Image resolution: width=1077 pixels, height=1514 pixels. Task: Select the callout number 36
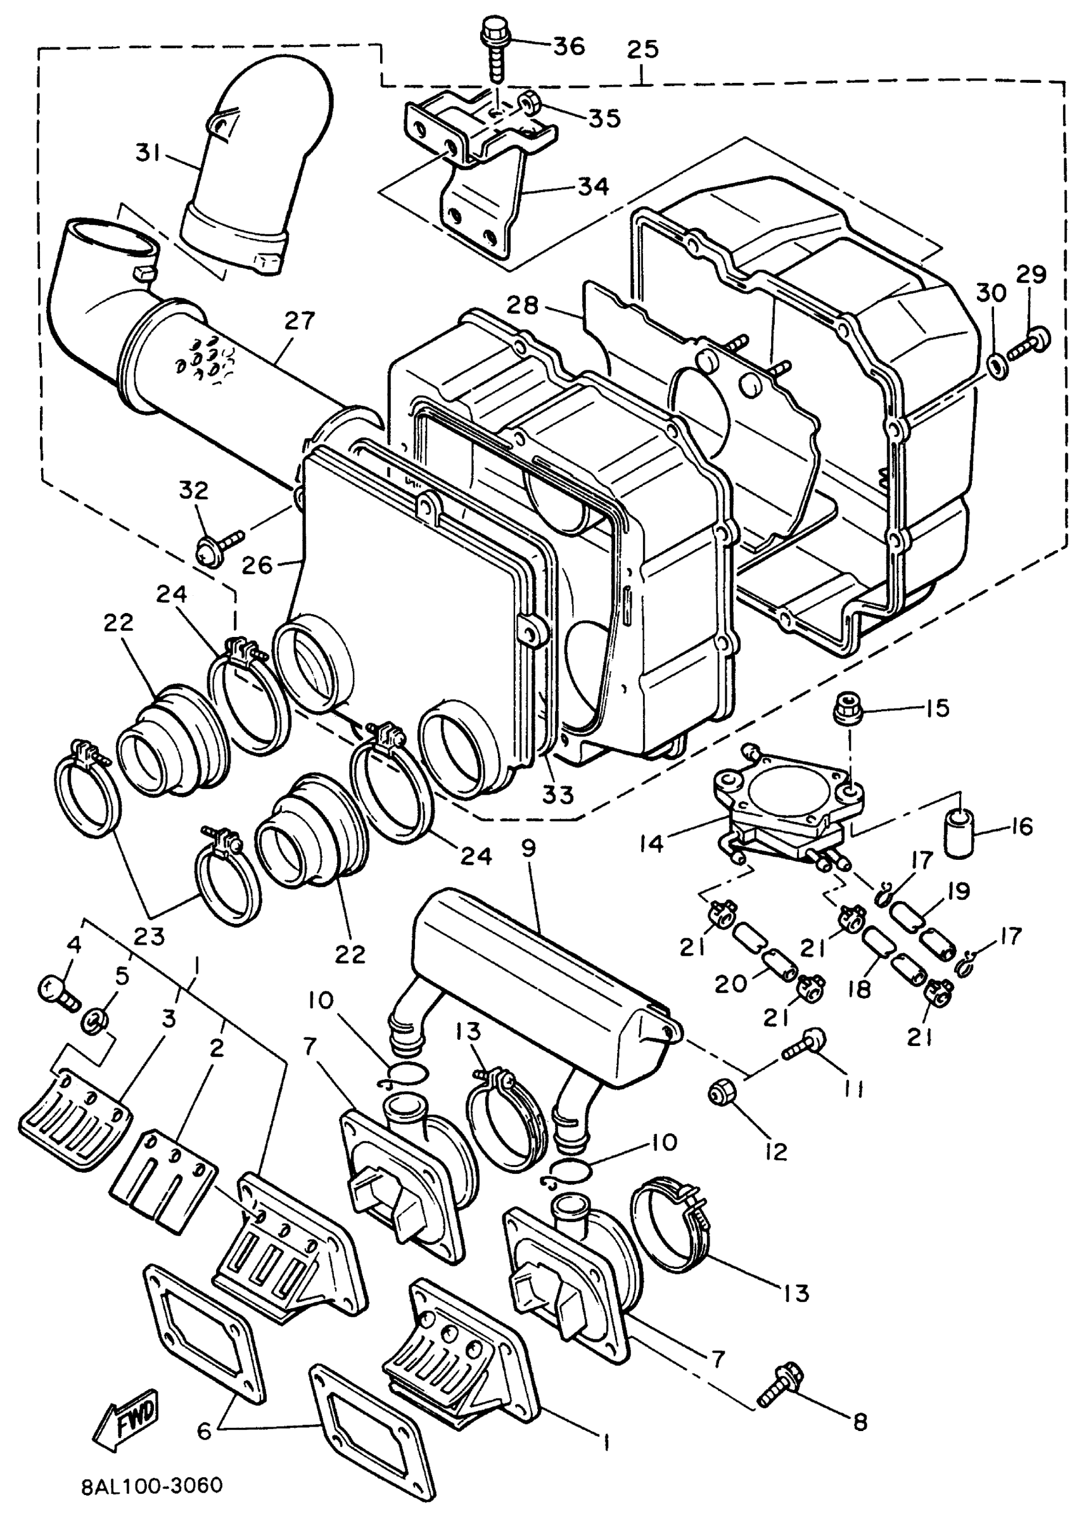pyautogui.click(x=568, y=46)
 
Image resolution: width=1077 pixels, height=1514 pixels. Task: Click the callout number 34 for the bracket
pyautogui.click(x=593, y=186)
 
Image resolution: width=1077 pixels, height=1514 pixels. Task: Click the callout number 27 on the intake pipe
pyautogui.click(x=299, y=321)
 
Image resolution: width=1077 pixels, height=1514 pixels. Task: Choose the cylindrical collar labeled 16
pyautogui.click(x=958, y=833)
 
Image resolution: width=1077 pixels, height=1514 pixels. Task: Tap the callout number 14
pyautogui.click(x=652, y=844)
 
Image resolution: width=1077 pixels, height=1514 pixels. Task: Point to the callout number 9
pyautogui.click(x=528, y=849)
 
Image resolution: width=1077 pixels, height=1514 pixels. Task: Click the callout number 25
pyautogui.click(x=642, y=49)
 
